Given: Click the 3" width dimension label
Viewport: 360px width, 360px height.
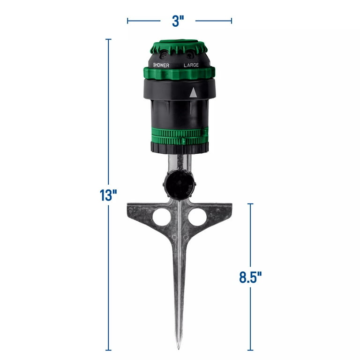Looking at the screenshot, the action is (x=178, y=22).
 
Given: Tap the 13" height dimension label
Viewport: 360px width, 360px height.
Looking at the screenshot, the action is (x=108, y=195).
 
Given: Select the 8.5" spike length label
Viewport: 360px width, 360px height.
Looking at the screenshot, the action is (x=250, y=277).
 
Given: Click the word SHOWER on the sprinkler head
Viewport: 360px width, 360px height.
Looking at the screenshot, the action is (x=161, y=65).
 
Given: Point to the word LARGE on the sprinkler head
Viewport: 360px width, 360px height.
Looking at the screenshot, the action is (x=191, y=65).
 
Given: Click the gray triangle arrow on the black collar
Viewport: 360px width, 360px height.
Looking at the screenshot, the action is (x=193, y=92).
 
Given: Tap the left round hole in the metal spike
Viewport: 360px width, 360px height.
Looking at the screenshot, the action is (x=161, y=217).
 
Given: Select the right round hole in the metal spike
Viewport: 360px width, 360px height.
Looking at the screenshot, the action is (x=197, y=217).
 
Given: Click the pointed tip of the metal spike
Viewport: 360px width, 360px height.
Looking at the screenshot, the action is (x=179, y=349).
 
